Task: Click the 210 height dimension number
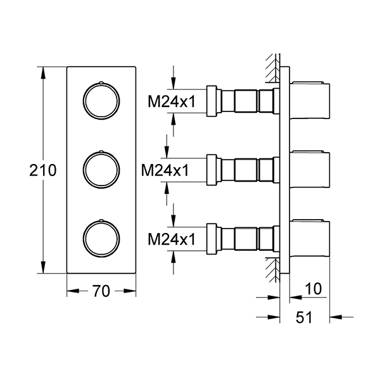point(43,170)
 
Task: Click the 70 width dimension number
point(102,291)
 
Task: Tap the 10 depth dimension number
point(313,288)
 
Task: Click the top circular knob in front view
point(101,100)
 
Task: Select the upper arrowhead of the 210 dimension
point(43,71)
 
